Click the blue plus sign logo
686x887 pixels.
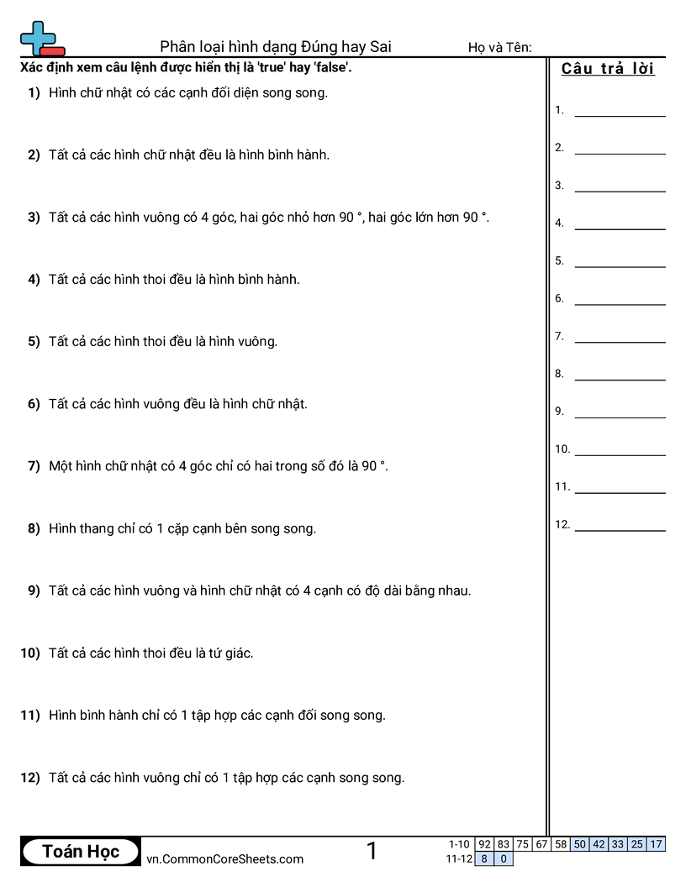pyautogui.click(x=36, y=36)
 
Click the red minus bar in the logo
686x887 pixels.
pyautogui.click(x=52, y=51)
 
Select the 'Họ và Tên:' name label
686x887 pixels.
pyautogui.click(x=499, y=47)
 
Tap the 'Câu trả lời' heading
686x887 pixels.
pyautogui.click(x=608, y=69)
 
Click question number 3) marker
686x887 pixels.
pyautogui.click(x=34, y=218)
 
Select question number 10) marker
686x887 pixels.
pyautogui.click(x=30, y=653)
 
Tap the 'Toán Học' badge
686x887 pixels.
pyautogui.click(x=81, y=852)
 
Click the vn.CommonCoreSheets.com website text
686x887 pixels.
pyautogui.click(x=224, y=858)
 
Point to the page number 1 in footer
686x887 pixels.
pyautogui.click(x=372, y=852)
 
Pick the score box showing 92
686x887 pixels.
pyautogui.click(x=484, y=844)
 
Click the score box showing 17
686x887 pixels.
pyautogui.click(x=656, y=844)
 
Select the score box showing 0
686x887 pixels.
pyautogui.click(x=504, y=858)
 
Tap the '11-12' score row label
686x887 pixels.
pyautogui.click(x=458, y=858)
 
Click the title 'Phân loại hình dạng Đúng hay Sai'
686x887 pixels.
pyautogui.click(x=276, y=47)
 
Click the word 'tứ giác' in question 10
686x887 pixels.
pyautogui.click(x=234, y=653)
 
